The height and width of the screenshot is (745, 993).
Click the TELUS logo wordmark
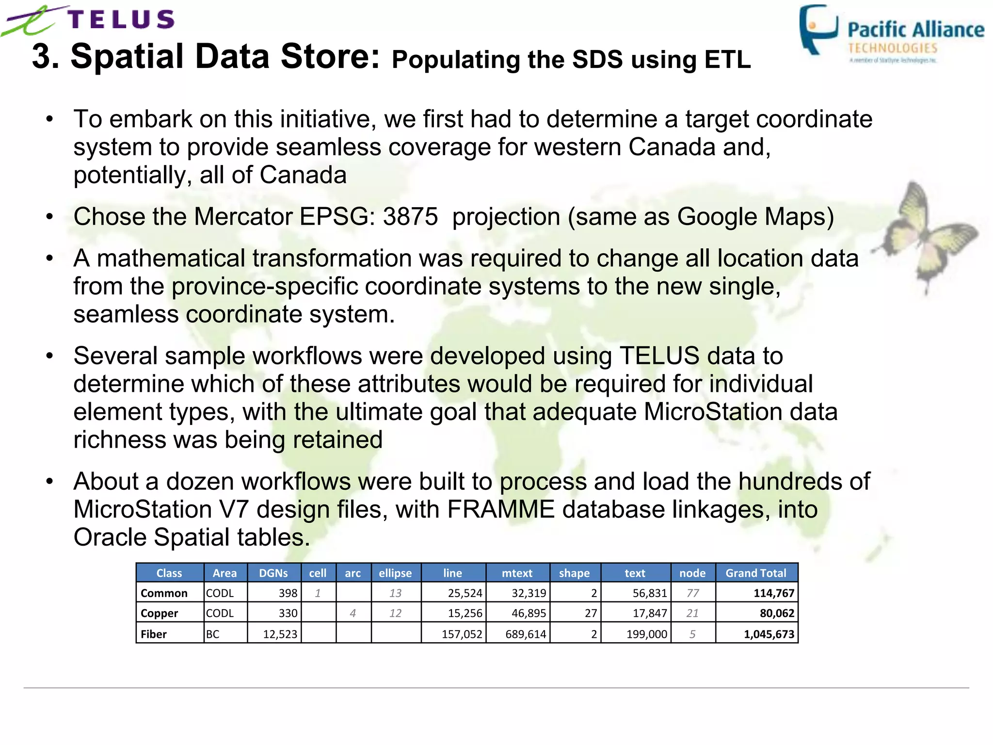pyautogui.click(x=121, y=19)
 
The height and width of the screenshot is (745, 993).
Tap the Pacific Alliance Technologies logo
pyautogui.click(x=891, y=34)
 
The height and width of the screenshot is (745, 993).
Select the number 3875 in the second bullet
pyautogui.click(x=410, y=216)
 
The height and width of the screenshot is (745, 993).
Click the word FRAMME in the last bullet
pyautogui.click(x=501, y=509)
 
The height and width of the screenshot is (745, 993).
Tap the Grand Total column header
pyautogui.click(x=755, y=573)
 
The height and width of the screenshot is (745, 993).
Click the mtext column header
pyautogui.click(x=517, y=573)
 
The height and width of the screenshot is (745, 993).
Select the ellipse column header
pyautogui.click(x=395, y=573)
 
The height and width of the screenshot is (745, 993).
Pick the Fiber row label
pyautogui.click(x=154, y=634)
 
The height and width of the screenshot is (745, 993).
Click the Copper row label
pyautogui.click(x=160, y=613)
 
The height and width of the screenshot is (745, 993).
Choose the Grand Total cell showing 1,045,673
pyautogui.click(x=769, y=634)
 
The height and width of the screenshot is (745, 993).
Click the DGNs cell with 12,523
pyautogui.click(x=280, y=634)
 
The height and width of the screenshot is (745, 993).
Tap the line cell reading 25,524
pyautogui.click(x=464, y=593)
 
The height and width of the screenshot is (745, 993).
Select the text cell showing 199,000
pyautogui.click(x=647, y=634)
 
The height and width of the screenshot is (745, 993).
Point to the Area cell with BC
pyautogui.click(x=213, y=634)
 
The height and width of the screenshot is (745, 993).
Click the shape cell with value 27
pyautogui.click(x=591, y=613)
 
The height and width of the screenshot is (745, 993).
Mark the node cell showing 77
pyautogui.click(x=692, y=593)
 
